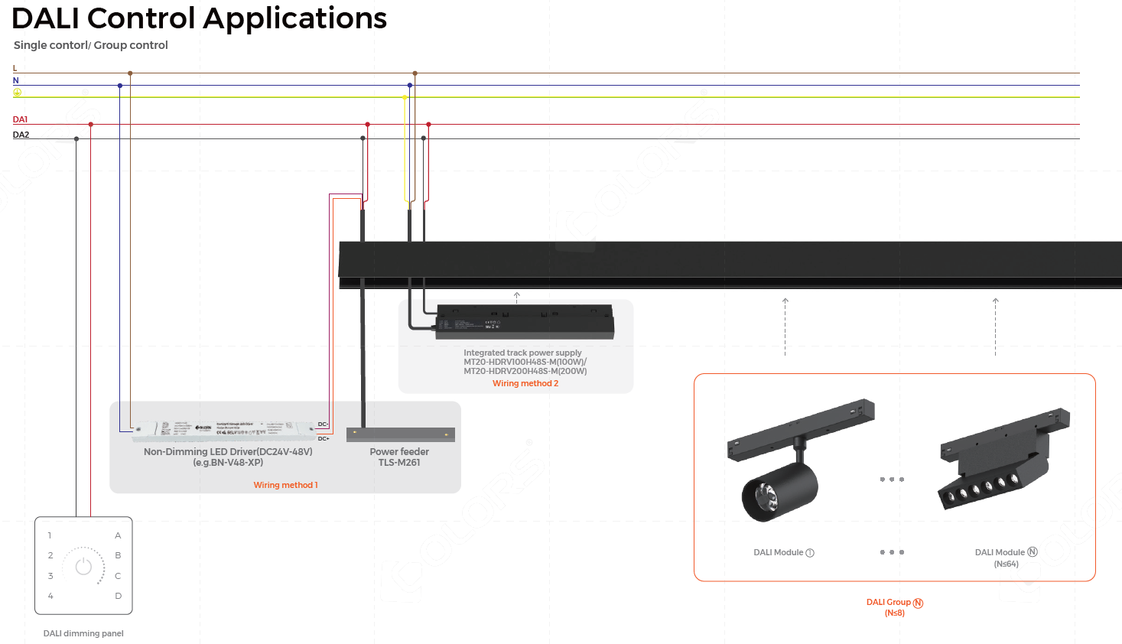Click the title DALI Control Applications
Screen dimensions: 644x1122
[199, 18]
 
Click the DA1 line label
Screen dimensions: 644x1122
[20, 119]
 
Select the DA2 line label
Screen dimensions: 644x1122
[21, 135]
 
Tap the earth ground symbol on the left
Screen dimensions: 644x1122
[17, 93]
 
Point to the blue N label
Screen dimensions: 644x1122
[15, 80]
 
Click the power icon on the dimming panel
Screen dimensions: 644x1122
[83, 566]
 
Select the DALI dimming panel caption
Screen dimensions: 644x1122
[83, 633]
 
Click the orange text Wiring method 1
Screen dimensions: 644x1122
[285, 485]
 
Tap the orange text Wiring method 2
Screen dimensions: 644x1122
[525, 383]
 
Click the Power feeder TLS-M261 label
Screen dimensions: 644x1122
[399, 457]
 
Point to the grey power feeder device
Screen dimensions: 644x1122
[401, 434]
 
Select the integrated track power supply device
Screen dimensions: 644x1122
[525, 321]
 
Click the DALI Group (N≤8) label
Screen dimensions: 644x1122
[894, 607]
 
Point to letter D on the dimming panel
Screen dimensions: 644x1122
[119, 596]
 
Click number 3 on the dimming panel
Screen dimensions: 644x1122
[50, 576]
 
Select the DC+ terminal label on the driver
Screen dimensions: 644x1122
[324, 438]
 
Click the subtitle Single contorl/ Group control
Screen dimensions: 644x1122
[90, 45]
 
